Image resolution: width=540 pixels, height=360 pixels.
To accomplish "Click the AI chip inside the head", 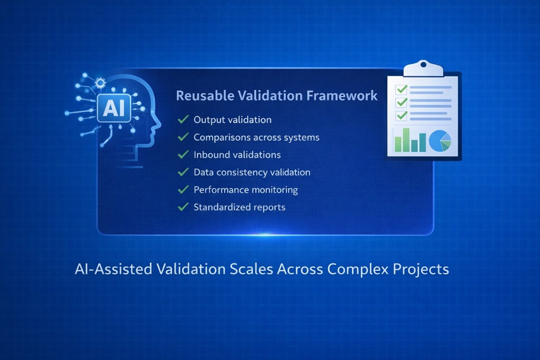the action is pos(114,108).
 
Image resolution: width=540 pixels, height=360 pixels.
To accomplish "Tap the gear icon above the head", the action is pos(100,83).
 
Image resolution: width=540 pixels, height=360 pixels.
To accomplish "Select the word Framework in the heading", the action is pos(342,95).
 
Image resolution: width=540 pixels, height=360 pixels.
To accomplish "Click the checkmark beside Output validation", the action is pos(183,119).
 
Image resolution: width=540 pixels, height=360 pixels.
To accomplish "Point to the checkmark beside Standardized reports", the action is pos(183,207).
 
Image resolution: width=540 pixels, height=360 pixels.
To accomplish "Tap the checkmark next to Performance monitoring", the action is pos(183,189).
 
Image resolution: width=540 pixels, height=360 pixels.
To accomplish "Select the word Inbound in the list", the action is pos(208,154).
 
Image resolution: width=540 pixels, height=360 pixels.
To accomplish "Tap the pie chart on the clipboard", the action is pos(440,141).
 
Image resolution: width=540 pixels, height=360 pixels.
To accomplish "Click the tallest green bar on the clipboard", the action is pos(406,140).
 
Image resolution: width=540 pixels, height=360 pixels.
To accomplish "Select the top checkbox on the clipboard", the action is pos(402,89).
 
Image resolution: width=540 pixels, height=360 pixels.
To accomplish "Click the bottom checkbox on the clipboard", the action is pos(402,116).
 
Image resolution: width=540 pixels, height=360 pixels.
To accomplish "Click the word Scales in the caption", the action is pos(251,269).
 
